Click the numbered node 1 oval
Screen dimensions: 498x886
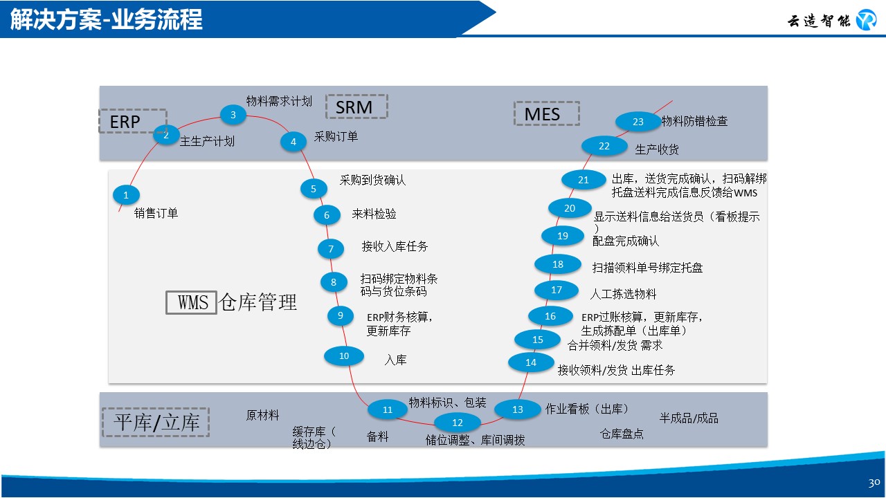click(126, 195)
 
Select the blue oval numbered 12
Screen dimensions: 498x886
click(457, 423)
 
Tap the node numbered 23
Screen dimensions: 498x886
click(638, 122)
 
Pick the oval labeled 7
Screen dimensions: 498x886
click(331, 249)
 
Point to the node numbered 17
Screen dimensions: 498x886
click(557, 290)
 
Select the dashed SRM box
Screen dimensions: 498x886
click(356, 107)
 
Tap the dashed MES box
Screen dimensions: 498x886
click(546, 113)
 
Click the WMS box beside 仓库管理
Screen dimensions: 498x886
click(192, 302)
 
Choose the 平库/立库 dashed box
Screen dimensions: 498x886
click(156, 422)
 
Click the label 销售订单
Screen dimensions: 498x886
click(156, 213)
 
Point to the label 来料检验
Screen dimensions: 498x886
click(374, 214)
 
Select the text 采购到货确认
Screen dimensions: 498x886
click(372, 180)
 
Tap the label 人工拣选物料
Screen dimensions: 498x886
click(623, 294)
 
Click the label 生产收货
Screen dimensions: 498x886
click(657, 149)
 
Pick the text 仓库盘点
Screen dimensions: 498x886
click(622, 434)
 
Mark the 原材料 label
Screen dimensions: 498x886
click(263, 415)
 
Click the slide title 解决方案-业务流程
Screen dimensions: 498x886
click(107, 19)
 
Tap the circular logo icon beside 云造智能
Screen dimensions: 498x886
click(866, 21)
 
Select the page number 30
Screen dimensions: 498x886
click(874, 482)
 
